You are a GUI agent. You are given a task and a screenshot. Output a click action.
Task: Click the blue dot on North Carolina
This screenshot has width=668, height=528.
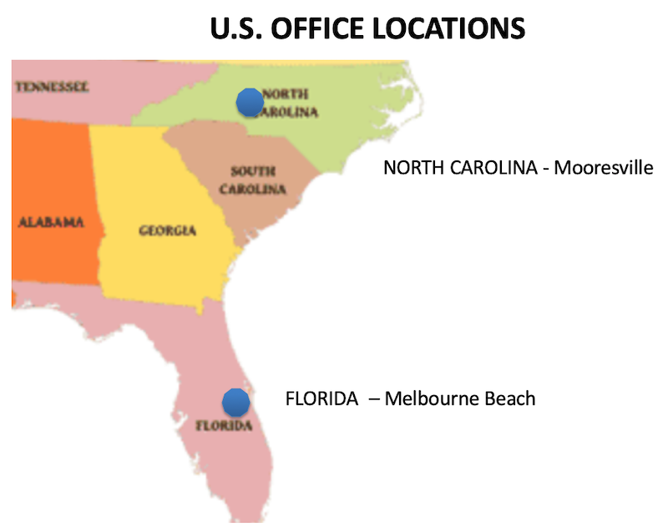[250, 102]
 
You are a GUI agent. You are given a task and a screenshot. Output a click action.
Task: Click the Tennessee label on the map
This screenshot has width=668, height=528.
[52, 86]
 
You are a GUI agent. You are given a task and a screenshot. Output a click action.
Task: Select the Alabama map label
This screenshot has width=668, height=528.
[52, 222]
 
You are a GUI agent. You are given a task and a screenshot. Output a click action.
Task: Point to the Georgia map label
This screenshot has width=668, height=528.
[167, 230]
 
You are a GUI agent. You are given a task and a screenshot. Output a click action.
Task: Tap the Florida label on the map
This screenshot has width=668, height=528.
[223, 424]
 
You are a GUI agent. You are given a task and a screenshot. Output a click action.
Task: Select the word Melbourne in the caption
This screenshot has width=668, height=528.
[433, 399]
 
